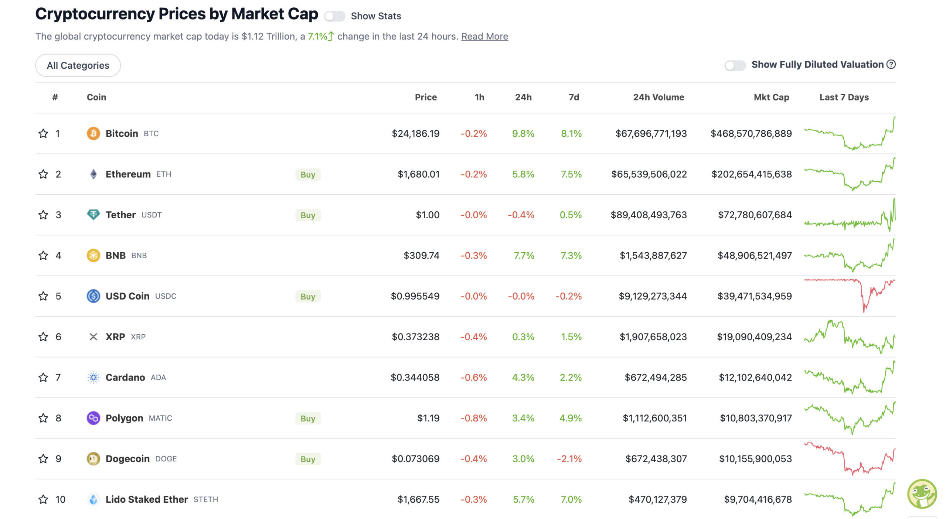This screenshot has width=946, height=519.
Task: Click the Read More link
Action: pos(484,36)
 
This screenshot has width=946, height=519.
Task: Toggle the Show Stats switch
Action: pos(334,16)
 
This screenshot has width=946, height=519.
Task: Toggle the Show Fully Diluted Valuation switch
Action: pos(734,65)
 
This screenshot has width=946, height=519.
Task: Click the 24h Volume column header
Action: pos(658,97)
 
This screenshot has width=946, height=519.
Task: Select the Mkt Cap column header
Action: pos(771,97)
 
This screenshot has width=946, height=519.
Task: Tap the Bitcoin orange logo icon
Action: pos(93,133)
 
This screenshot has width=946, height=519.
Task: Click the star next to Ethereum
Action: pos(43,174)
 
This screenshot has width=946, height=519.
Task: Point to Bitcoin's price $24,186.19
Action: pos(415,133)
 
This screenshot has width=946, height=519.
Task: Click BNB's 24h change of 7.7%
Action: pos(524,255)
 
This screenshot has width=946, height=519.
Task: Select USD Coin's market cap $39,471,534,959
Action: pos(754,296)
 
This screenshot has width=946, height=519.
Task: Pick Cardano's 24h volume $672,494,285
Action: pos(655,377)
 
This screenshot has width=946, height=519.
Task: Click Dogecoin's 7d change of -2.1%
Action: pos(569,458)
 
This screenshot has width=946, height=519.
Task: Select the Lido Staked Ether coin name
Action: pos(147,499)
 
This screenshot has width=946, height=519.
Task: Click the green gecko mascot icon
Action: pos(922,494)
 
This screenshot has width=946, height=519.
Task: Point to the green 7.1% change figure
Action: pos(317,36)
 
